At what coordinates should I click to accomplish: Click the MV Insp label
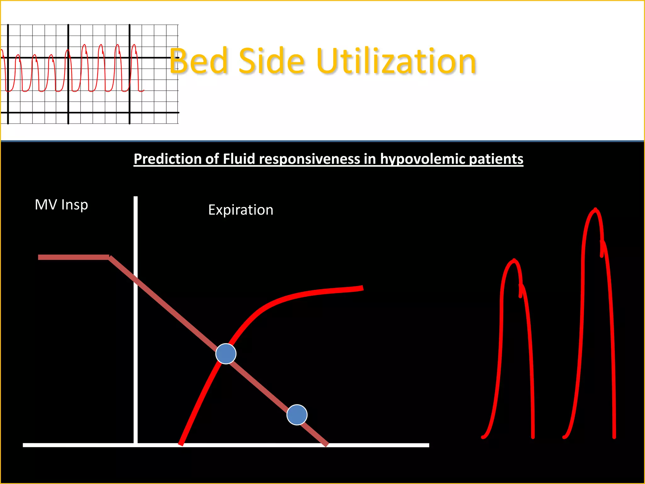tap(61, 205)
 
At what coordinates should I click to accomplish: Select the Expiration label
tap(241, 210)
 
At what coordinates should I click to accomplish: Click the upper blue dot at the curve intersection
tap(226, 354)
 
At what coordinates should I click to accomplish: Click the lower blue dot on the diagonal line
tap(297, 415)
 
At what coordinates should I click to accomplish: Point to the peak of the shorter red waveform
tap(514, 261)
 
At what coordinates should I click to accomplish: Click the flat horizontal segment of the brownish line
tap(73, 257)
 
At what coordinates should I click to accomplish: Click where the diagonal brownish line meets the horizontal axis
tap(326, 444)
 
